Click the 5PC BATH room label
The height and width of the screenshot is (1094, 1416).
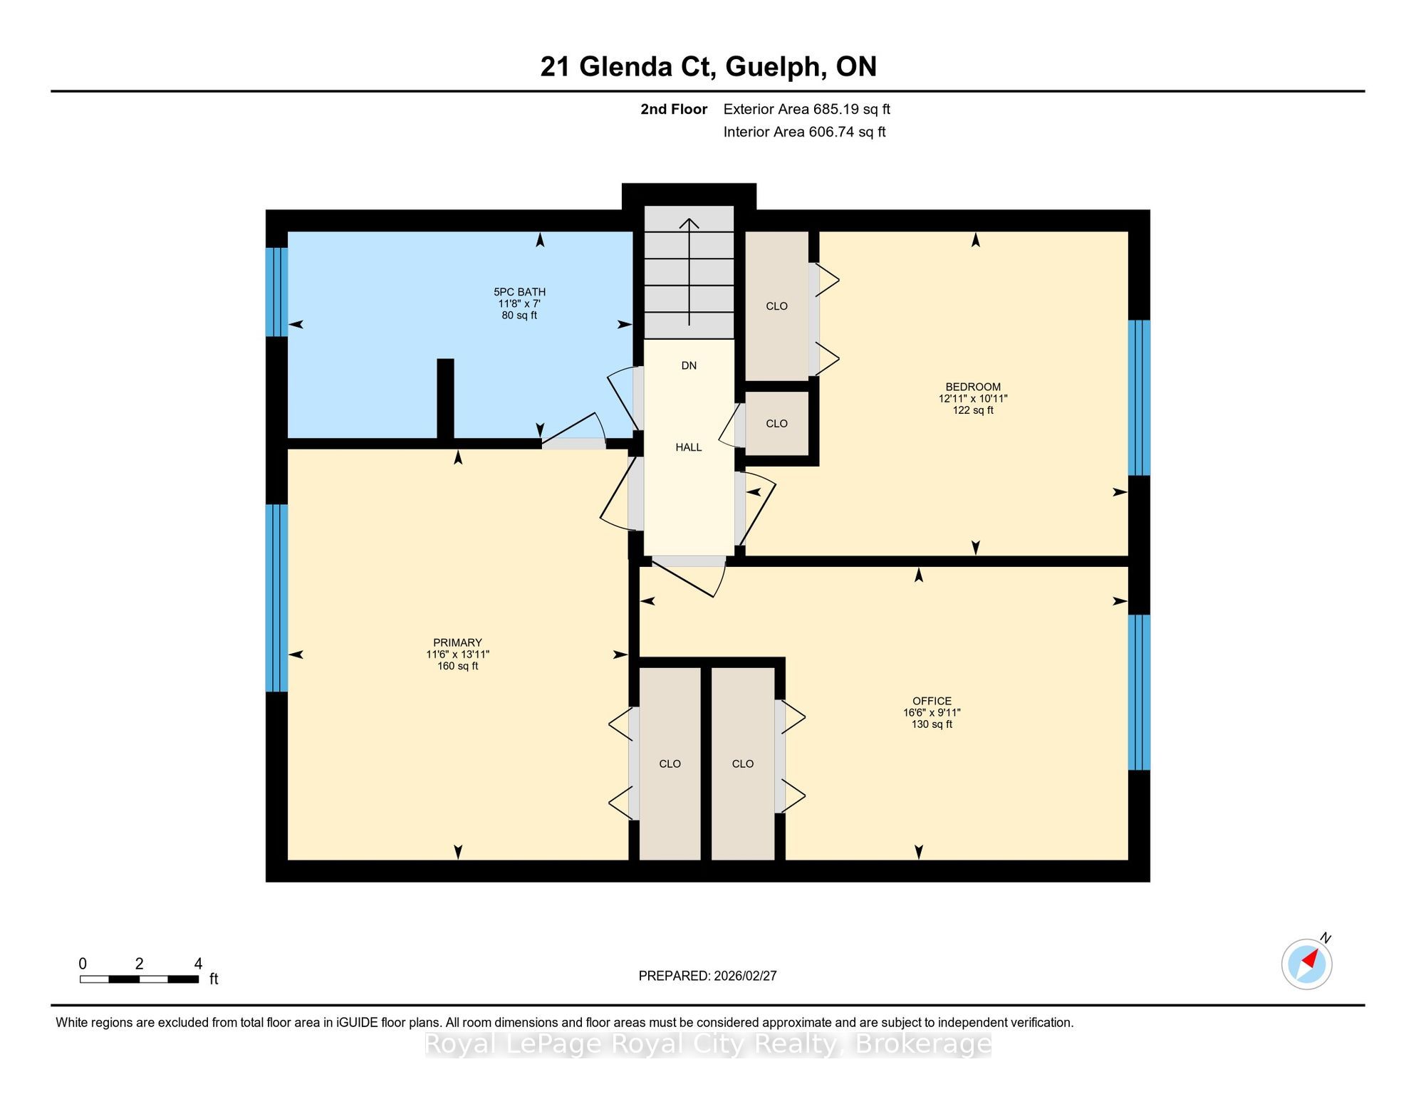[x=520, y=292]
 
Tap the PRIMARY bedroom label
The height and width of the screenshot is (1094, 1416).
[x=458, y=642]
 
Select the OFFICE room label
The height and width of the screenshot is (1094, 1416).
[x=932, y=701]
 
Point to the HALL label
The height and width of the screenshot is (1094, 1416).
[x=689, y=447]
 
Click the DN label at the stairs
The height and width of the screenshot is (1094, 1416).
[x=689, y=365]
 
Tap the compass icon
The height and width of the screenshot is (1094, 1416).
[x=1307, y=964]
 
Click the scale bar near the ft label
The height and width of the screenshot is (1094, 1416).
[x=139, y=979]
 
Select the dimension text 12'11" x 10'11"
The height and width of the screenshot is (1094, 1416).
[x=973, y=399]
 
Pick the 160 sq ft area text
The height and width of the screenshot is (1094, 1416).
[x=458, y=666]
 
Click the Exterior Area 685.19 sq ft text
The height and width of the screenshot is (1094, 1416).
[x=807, y=109]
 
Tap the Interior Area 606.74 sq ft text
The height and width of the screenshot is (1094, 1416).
[x=805, y=132]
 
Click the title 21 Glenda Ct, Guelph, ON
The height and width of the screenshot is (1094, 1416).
[x=708, y=67]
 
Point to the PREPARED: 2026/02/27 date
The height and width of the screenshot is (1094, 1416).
[x=708, y=976]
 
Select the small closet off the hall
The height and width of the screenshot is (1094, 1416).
[x=776, y=423]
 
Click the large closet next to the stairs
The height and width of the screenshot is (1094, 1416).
[x=776, y=306]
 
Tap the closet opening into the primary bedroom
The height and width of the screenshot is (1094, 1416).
[x=670, y=764]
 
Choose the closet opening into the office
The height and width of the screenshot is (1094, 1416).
[x=743, y=764]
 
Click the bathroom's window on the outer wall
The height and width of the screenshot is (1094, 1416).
[x=276, y=292]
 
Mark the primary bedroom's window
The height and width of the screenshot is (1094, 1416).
[x=276, y=598]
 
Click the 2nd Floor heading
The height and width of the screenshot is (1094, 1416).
[x=674, y=109]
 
